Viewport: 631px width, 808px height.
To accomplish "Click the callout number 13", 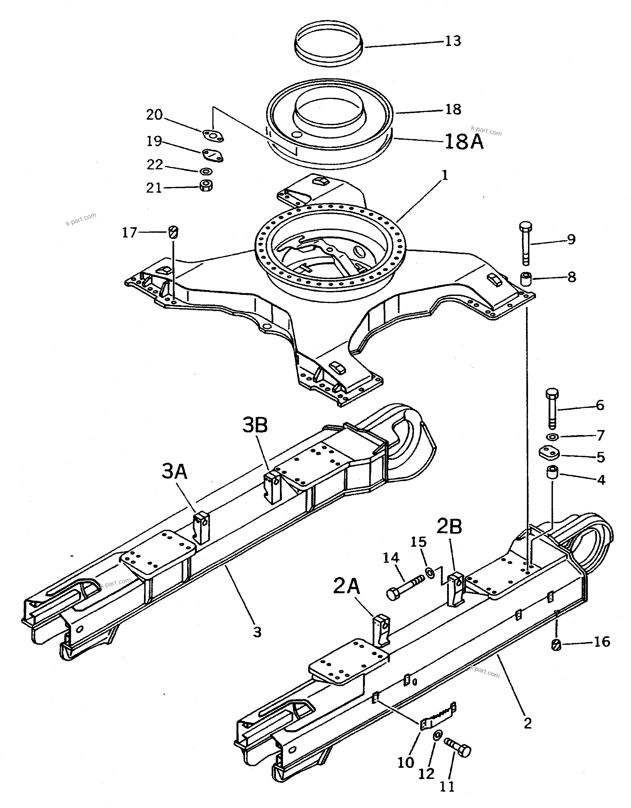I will (453, 41).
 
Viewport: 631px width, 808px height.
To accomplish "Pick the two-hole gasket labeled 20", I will (213, 136).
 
